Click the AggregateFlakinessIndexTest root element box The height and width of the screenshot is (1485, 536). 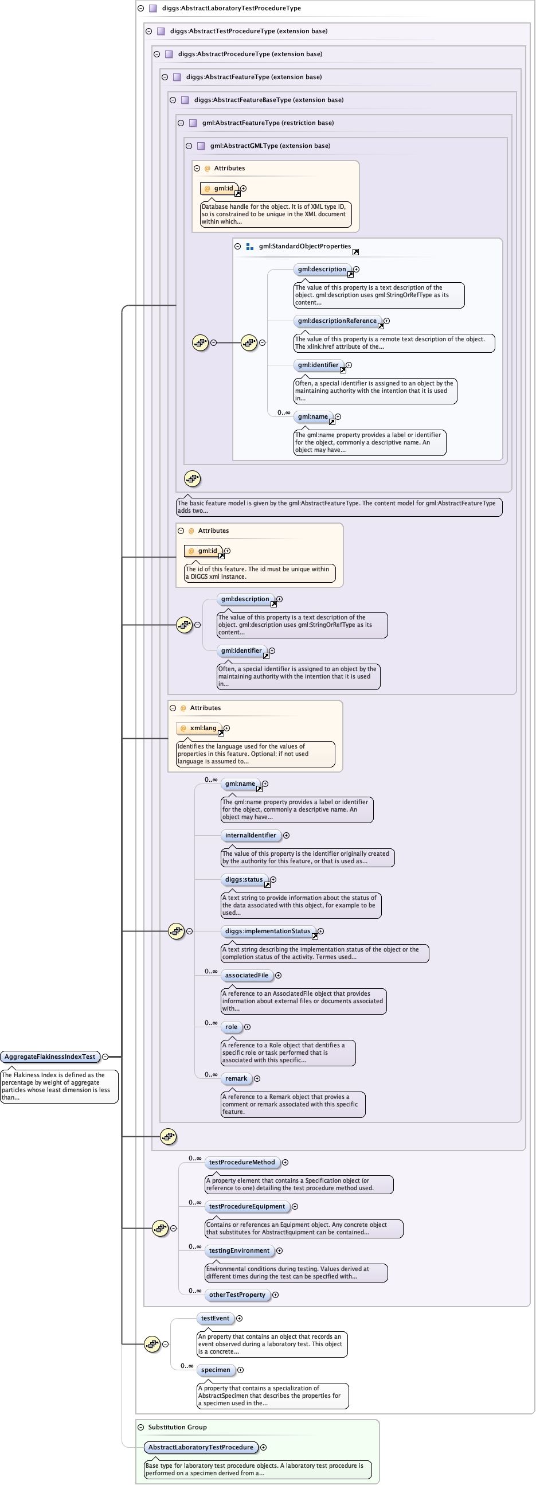click(x=50, y=1057)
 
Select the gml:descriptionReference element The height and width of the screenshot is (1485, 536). click(x=337, y=321)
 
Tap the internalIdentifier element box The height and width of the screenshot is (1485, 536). click(x=251, y=835)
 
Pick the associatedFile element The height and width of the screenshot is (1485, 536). click(x=247, y=976)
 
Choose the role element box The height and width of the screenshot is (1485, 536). click(x=231, y=1027)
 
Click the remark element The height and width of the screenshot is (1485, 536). click(x=236, y=1078)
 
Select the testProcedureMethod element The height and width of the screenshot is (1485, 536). click(x=242, y=1162)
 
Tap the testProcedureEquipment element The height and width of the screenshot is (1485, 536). click(x=247, y=1207)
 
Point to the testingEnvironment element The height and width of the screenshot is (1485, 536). click(x=239, y=1250)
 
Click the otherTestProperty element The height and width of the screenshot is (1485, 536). click(x=237, y=1295)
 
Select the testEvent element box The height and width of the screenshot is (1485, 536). click(x=215, y=1319)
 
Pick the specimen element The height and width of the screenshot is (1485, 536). click(x=216, y=1370)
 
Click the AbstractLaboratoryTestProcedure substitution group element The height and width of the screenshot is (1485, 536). click(x=201, y=1447)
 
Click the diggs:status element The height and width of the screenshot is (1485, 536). click(x=244, y=880)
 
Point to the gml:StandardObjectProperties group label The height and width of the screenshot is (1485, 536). click(x=305, y=246)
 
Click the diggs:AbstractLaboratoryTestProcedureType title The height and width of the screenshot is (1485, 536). click(x=231, y=8)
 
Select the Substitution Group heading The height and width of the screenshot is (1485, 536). click(x=178, y=1426)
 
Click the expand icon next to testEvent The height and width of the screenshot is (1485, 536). click(x=240, y=1319)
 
